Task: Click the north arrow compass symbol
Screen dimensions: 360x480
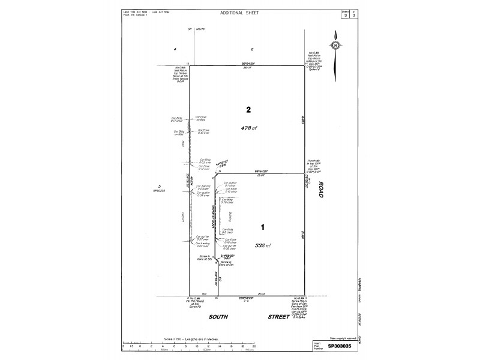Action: click(335, 44)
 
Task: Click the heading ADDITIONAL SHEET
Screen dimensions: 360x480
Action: click(240, 12)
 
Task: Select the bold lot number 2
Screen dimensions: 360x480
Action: click(248, 110)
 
